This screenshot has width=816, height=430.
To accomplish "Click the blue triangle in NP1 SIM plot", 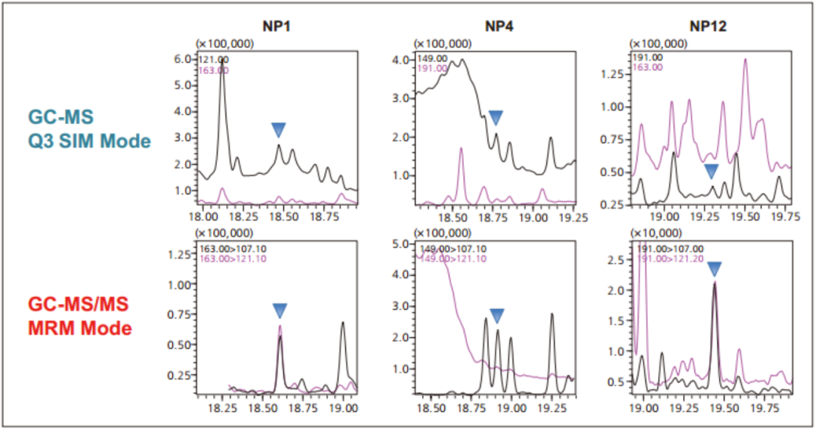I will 279,130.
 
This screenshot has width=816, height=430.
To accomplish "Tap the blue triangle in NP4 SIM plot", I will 496,117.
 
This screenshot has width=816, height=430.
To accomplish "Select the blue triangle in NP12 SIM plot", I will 711,172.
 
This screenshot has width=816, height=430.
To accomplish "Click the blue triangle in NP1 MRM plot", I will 280,310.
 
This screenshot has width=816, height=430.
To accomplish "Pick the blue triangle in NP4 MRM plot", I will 496,316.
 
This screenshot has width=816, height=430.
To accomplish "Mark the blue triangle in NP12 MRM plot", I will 714,268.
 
